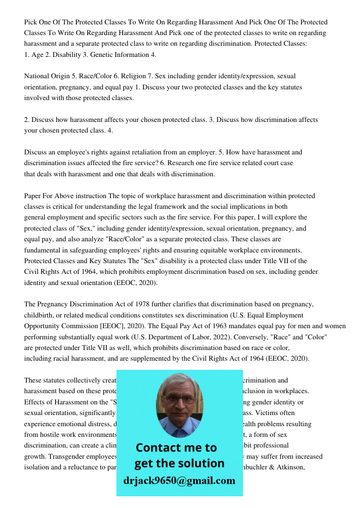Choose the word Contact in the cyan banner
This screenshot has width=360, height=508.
(161, 448)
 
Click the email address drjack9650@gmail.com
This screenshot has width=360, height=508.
(179, 481)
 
